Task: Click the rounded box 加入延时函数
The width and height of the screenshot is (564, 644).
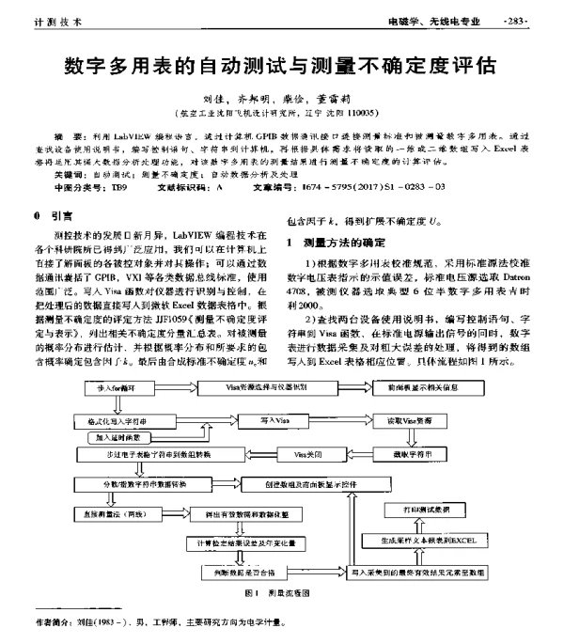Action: (117, 437)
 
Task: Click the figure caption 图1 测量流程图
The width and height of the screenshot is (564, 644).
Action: (276, 594)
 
